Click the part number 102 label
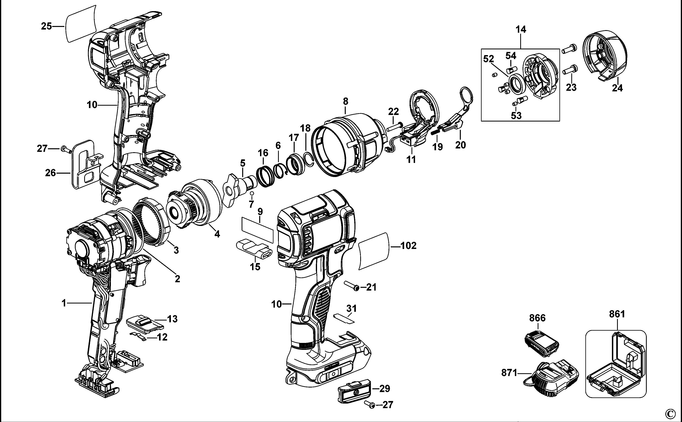pos(409,246)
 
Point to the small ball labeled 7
pos(251,193)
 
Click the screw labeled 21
pos(352,286)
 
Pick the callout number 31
pos(351,308)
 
